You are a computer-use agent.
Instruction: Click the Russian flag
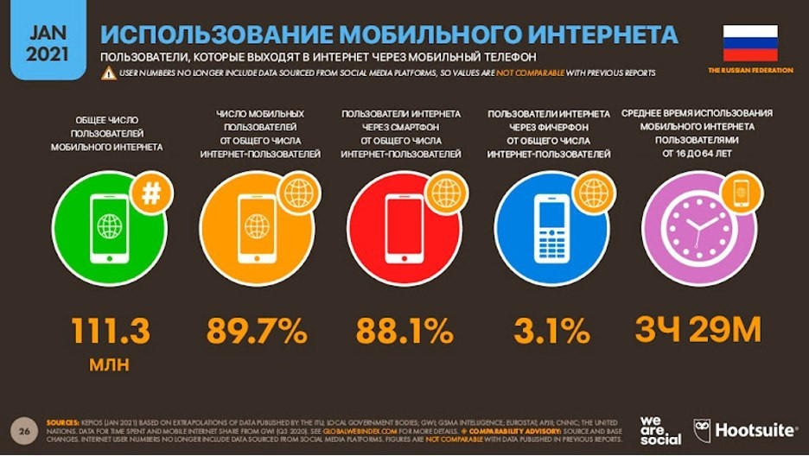749,42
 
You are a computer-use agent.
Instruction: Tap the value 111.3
111,330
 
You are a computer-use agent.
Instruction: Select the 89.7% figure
257,330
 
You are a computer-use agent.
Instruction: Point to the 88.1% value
404,330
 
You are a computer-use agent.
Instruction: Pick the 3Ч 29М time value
698,330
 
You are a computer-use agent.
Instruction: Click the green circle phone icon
109,228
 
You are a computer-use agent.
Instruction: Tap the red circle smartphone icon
404,228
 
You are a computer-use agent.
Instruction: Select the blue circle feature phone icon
551,228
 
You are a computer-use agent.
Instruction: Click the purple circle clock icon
698,230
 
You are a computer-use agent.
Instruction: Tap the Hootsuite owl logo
703,430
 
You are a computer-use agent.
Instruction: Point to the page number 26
25,428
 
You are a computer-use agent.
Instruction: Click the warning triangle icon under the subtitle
108,73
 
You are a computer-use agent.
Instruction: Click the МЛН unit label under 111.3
110,364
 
